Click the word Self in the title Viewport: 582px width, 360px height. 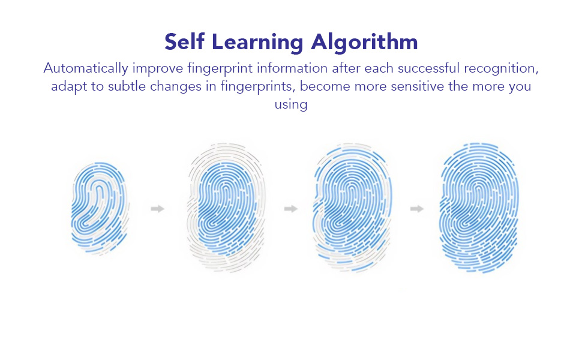pos(186,42)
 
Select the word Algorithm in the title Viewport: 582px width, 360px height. pos(365,42)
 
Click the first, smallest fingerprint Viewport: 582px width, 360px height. pos(99,208)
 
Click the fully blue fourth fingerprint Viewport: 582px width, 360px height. pos(478,208)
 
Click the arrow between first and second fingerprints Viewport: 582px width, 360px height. pos(158,209)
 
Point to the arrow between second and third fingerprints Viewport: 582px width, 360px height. pos(291,209)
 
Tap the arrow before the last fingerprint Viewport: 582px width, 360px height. pos(417,209)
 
